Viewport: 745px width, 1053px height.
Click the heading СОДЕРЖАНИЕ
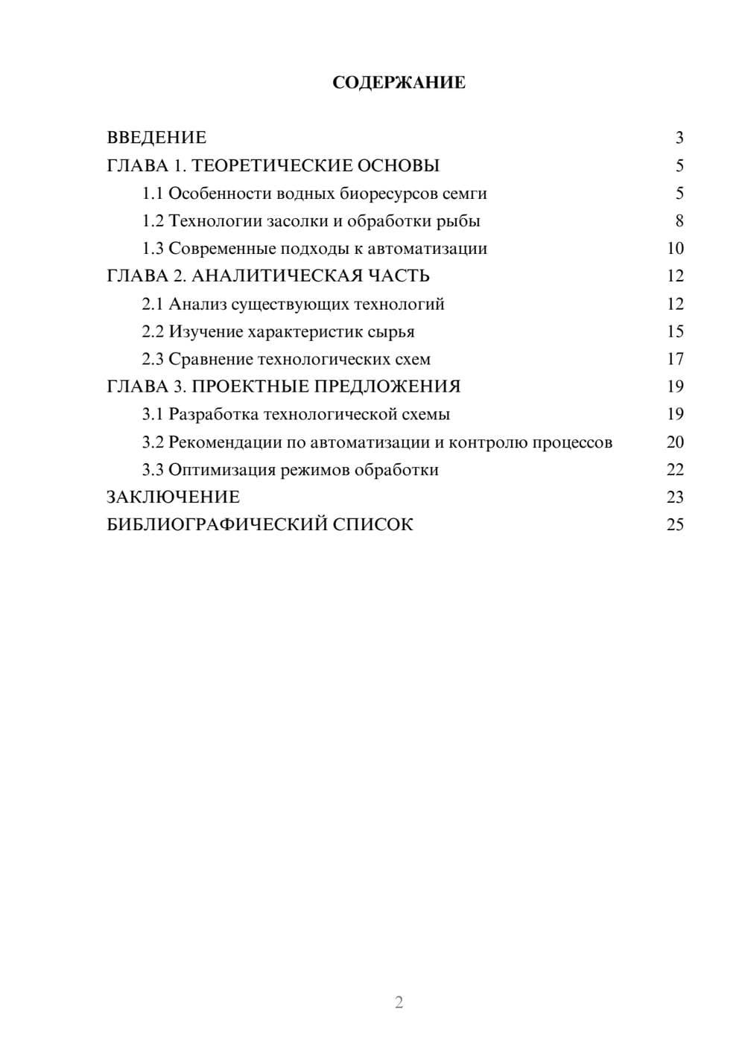[399, 83]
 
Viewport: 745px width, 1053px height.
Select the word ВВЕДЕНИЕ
[156, 138]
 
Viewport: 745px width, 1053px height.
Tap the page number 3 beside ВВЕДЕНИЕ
[679, 138]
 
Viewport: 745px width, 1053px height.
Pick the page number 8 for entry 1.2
[679, 221]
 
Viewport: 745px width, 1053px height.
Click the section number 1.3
[153, 249]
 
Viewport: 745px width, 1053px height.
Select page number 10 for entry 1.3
[675, 249]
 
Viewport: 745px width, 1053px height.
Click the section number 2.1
[153, 304]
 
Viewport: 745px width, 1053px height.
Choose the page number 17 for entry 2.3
[675, 360]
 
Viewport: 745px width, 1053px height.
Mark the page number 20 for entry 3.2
[675, 442]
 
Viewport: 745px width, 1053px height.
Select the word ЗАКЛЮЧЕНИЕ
[173, 497]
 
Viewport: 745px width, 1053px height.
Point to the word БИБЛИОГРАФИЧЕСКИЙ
[217, 524]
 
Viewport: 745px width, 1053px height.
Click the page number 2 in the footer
[399, 1002]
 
